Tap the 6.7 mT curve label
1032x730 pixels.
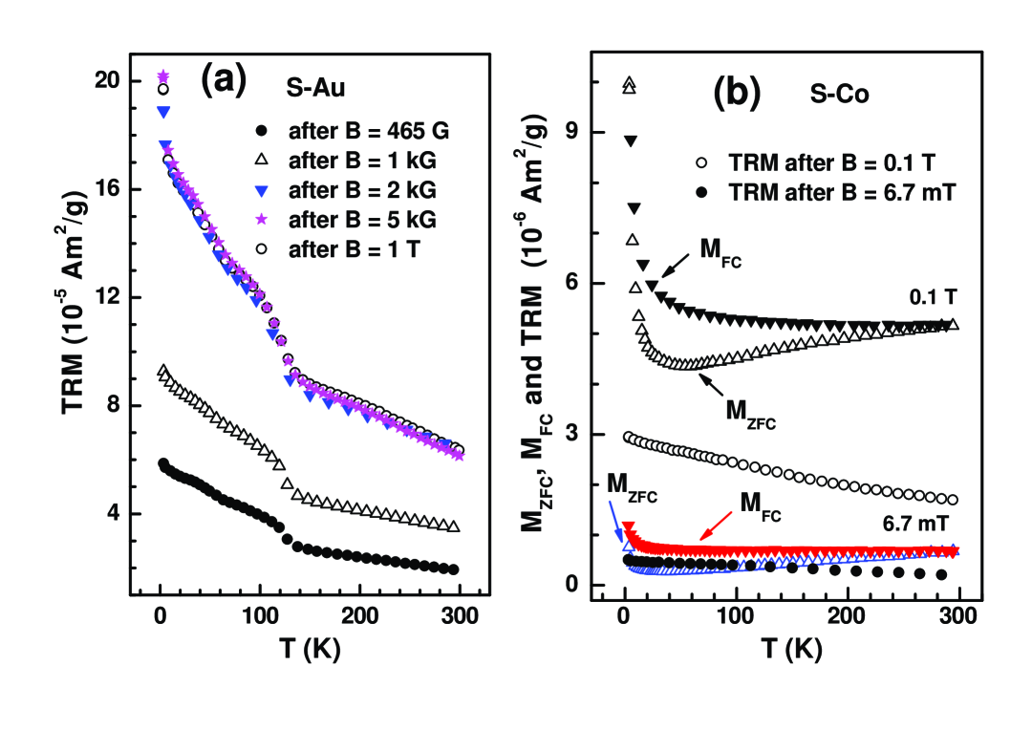[x=914, y=524]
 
